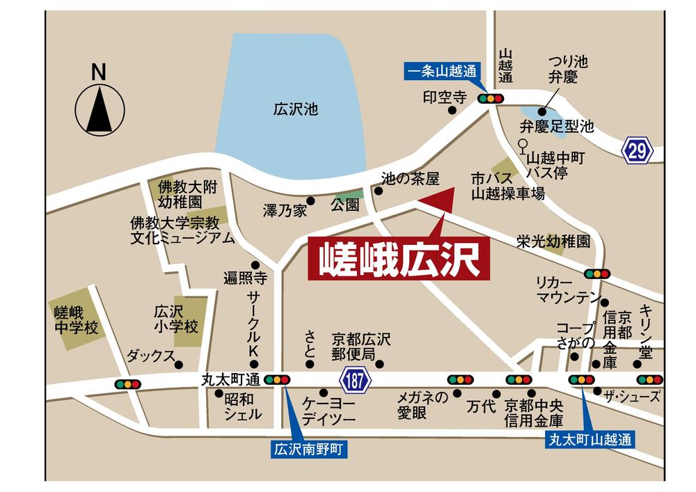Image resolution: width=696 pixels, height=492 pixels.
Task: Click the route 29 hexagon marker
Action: [638, 150]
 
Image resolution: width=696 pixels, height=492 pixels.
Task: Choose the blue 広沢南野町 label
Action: [308, 450]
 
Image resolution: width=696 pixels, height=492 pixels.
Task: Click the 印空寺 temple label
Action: [438, 97]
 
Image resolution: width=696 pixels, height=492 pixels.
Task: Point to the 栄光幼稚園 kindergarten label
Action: [553, 241]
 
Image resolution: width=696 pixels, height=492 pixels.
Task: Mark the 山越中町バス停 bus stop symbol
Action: [521, 146]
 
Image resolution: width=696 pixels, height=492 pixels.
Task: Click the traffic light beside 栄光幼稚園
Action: [597, 273]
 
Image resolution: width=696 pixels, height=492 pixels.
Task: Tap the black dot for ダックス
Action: [179, 364]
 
